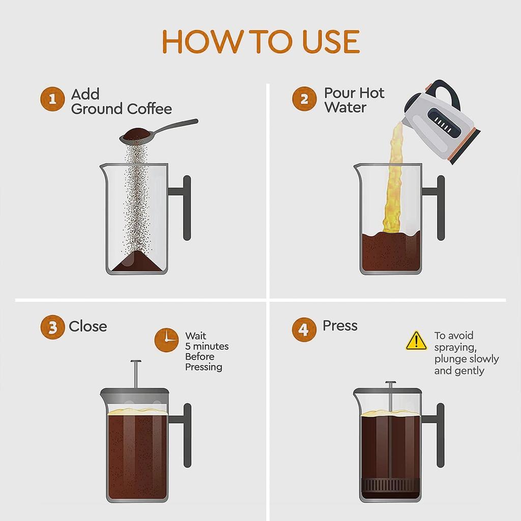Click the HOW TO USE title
tap(260, 42)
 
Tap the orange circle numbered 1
tap(52, 99)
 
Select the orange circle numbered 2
tap(304, 99)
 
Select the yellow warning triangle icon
tap(416, 341)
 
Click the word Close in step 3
tap(88, 326)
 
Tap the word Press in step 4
tap(340, 326)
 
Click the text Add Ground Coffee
tap(121, 102)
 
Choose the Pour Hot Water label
tap(354, 100)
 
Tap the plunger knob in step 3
tap(136, 362)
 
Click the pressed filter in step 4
tap(390, 484)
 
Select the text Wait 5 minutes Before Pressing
tap(206, 351)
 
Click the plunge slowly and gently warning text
tap(466, 353)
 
